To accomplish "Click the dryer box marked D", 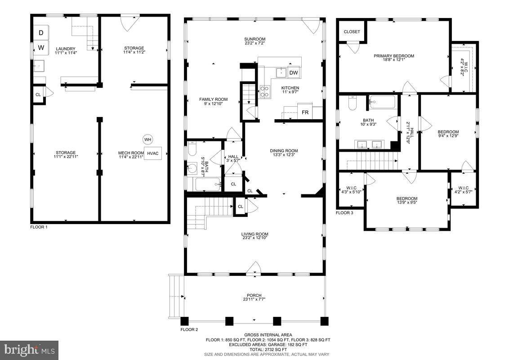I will coord(40,33).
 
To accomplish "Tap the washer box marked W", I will coord(40,47).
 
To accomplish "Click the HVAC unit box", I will coord(153,153).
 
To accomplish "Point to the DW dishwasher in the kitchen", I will coord(293,72).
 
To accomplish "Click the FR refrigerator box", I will coord(305,112).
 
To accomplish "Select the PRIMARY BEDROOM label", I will coord(394,56).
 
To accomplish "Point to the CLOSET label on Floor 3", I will coord(352,31).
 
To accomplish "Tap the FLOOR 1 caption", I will coord(39,227).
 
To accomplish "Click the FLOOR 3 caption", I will coord(345,212).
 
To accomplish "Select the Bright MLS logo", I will coord(29,350).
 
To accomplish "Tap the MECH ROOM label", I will coord(128,153).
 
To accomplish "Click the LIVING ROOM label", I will coord(254,234).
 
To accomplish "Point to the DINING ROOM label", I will coord(284,151).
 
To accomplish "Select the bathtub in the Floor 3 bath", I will coord(383,103).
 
